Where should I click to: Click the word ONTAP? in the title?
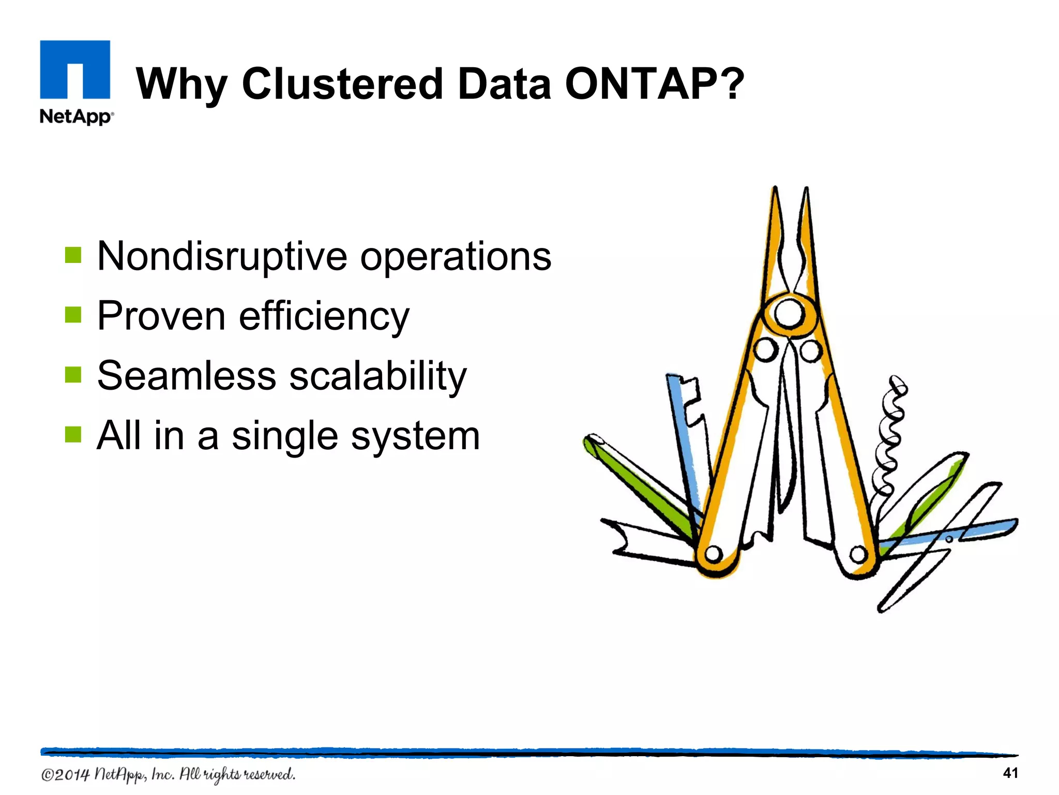pos(654,84)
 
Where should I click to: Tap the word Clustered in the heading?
pos(342,84)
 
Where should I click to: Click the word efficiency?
pos(324,316)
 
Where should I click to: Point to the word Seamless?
pos(186,376)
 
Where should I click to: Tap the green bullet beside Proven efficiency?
pos(73,315)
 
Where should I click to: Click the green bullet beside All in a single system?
pos(73,435)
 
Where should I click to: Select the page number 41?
pos(1010,773)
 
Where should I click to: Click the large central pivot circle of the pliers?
pos(789,314)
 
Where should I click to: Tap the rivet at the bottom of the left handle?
pos(714,554)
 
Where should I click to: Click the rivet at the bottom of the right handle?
pos(858,555)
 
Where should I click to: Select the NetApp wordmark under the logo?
pos(76,116)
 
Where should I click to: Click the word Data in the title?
pos(504,84)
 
